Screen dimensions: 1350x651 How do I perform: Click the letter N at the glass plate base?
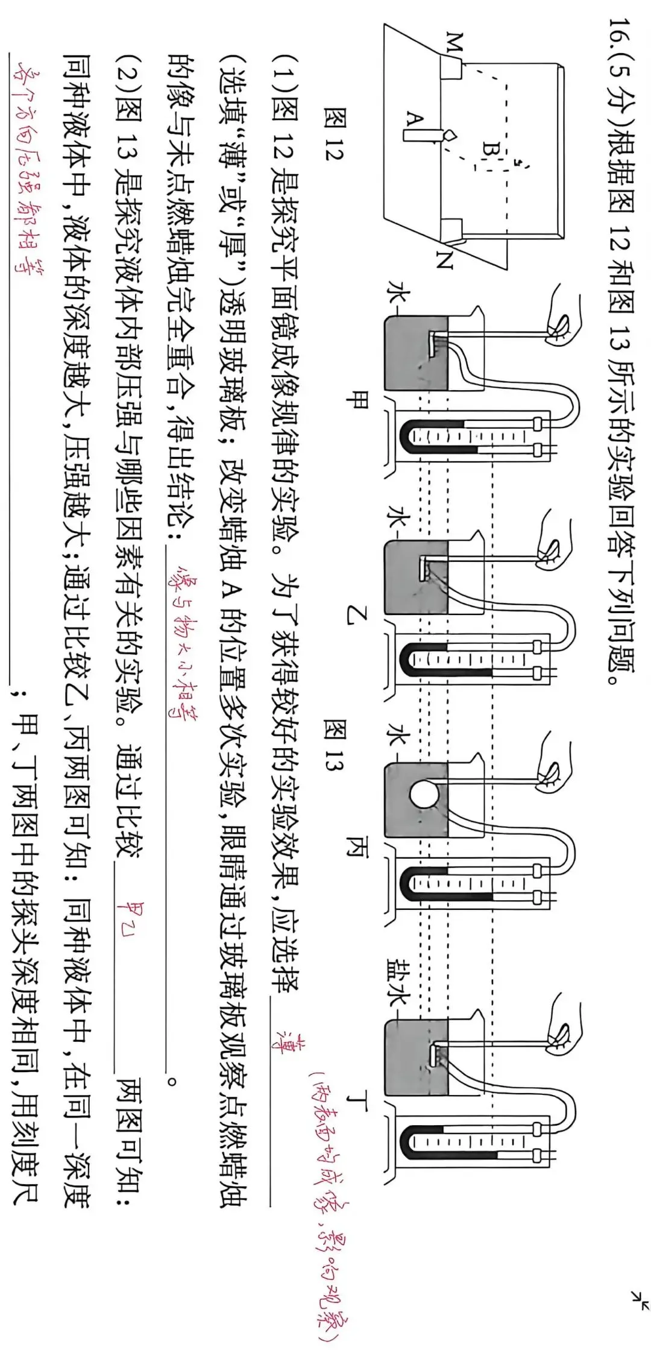tap(445, 260)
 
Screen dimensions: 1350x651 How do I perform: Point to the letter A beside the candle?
tap(414, 119)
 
